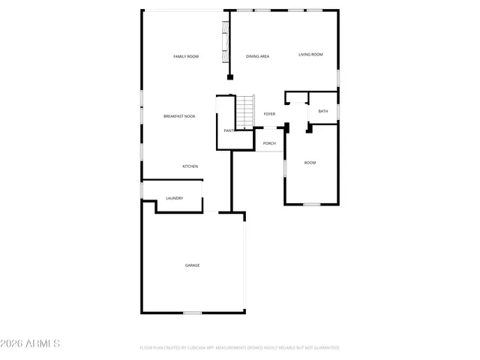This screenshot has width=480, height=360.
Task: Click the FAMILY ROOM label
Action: coord(185,57)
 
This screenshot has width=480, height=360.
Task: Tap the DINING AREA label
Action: coord(257,57)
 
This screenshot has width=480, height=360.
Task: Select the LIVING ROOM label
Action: coord(310,54)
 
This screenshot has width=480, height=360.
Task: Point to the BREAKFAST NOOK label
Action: coord(179,116)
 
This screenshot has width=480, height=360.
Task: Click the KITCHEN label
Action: coord(190,166)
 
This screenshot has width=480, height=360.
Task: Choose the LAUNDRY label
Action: coord(175,199)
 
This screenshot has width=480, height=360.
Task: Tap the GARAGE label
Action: coord(193,265)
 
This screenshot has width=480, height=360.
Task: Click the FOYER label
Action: coord(269,114)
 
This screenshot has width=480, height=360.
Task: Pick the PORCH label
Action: coord(269,143)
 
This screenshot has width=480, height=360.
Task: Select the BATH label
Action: coord(323,111)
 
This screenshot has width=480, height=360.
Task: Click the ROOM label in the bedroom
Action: coord(310,163)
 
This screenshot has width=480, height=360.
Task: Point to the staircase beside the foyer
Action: coord(246,112)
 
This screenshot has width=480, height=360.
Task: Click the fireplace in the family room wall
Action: coord(223,43)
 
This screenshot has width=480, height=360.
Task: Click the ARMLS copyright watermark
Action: coord(31,343)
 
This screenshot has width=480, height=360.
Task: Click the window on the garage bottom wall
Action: coord(193,312)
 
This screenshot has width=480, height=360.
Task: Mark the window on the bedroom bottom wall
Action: coord(311,204)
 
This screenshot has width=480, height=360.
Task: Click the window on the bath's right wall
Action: coord(338,111)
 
